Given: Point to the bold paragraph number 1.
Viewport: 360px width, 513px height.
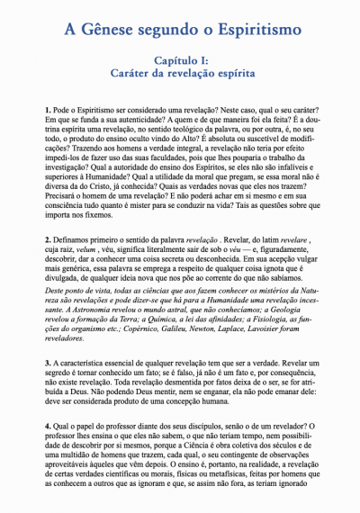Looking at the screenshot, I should (x=46, y=109).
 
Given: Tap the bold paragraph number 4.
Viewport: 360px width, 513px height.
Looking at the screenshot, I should (x=46, y=422).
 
